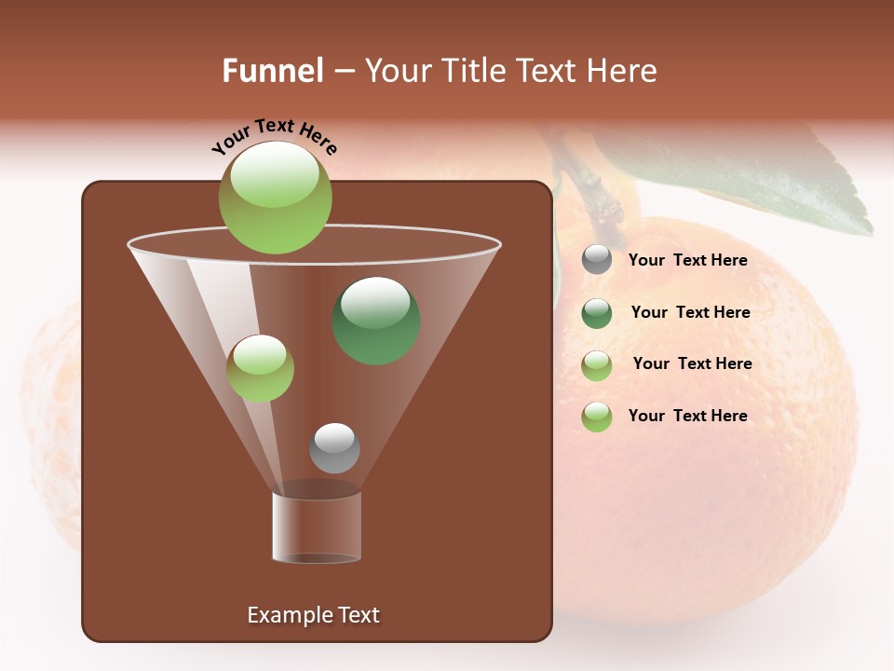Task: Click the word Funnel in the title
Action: (x=272, y=71)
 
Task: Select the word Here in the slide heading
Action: (x=622, y=71)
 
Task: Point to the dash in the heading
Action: (x=344, y=71)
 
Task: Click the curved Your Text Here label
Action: (x=274, y=137)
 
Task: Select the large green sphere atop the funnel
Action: (x=276, y=199)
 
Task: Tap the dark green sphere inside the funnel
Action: (x=376, y=321)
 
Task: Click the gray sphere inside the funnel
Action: (x=334, y=447)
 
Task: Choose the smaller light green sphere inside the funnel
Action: (x=260, y=368)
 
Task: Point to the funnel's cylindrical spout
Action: (x=317, y=527)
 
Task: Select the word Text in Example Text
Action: (x=358, y=615)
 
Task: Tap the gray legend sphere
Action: (x=597, y=260)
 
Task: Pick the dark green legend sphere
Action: (x=597, y=313)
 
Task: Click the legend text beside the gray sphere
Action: (x=687, y=260)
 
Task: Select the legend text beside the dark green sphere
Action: (x=690, y=312)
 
